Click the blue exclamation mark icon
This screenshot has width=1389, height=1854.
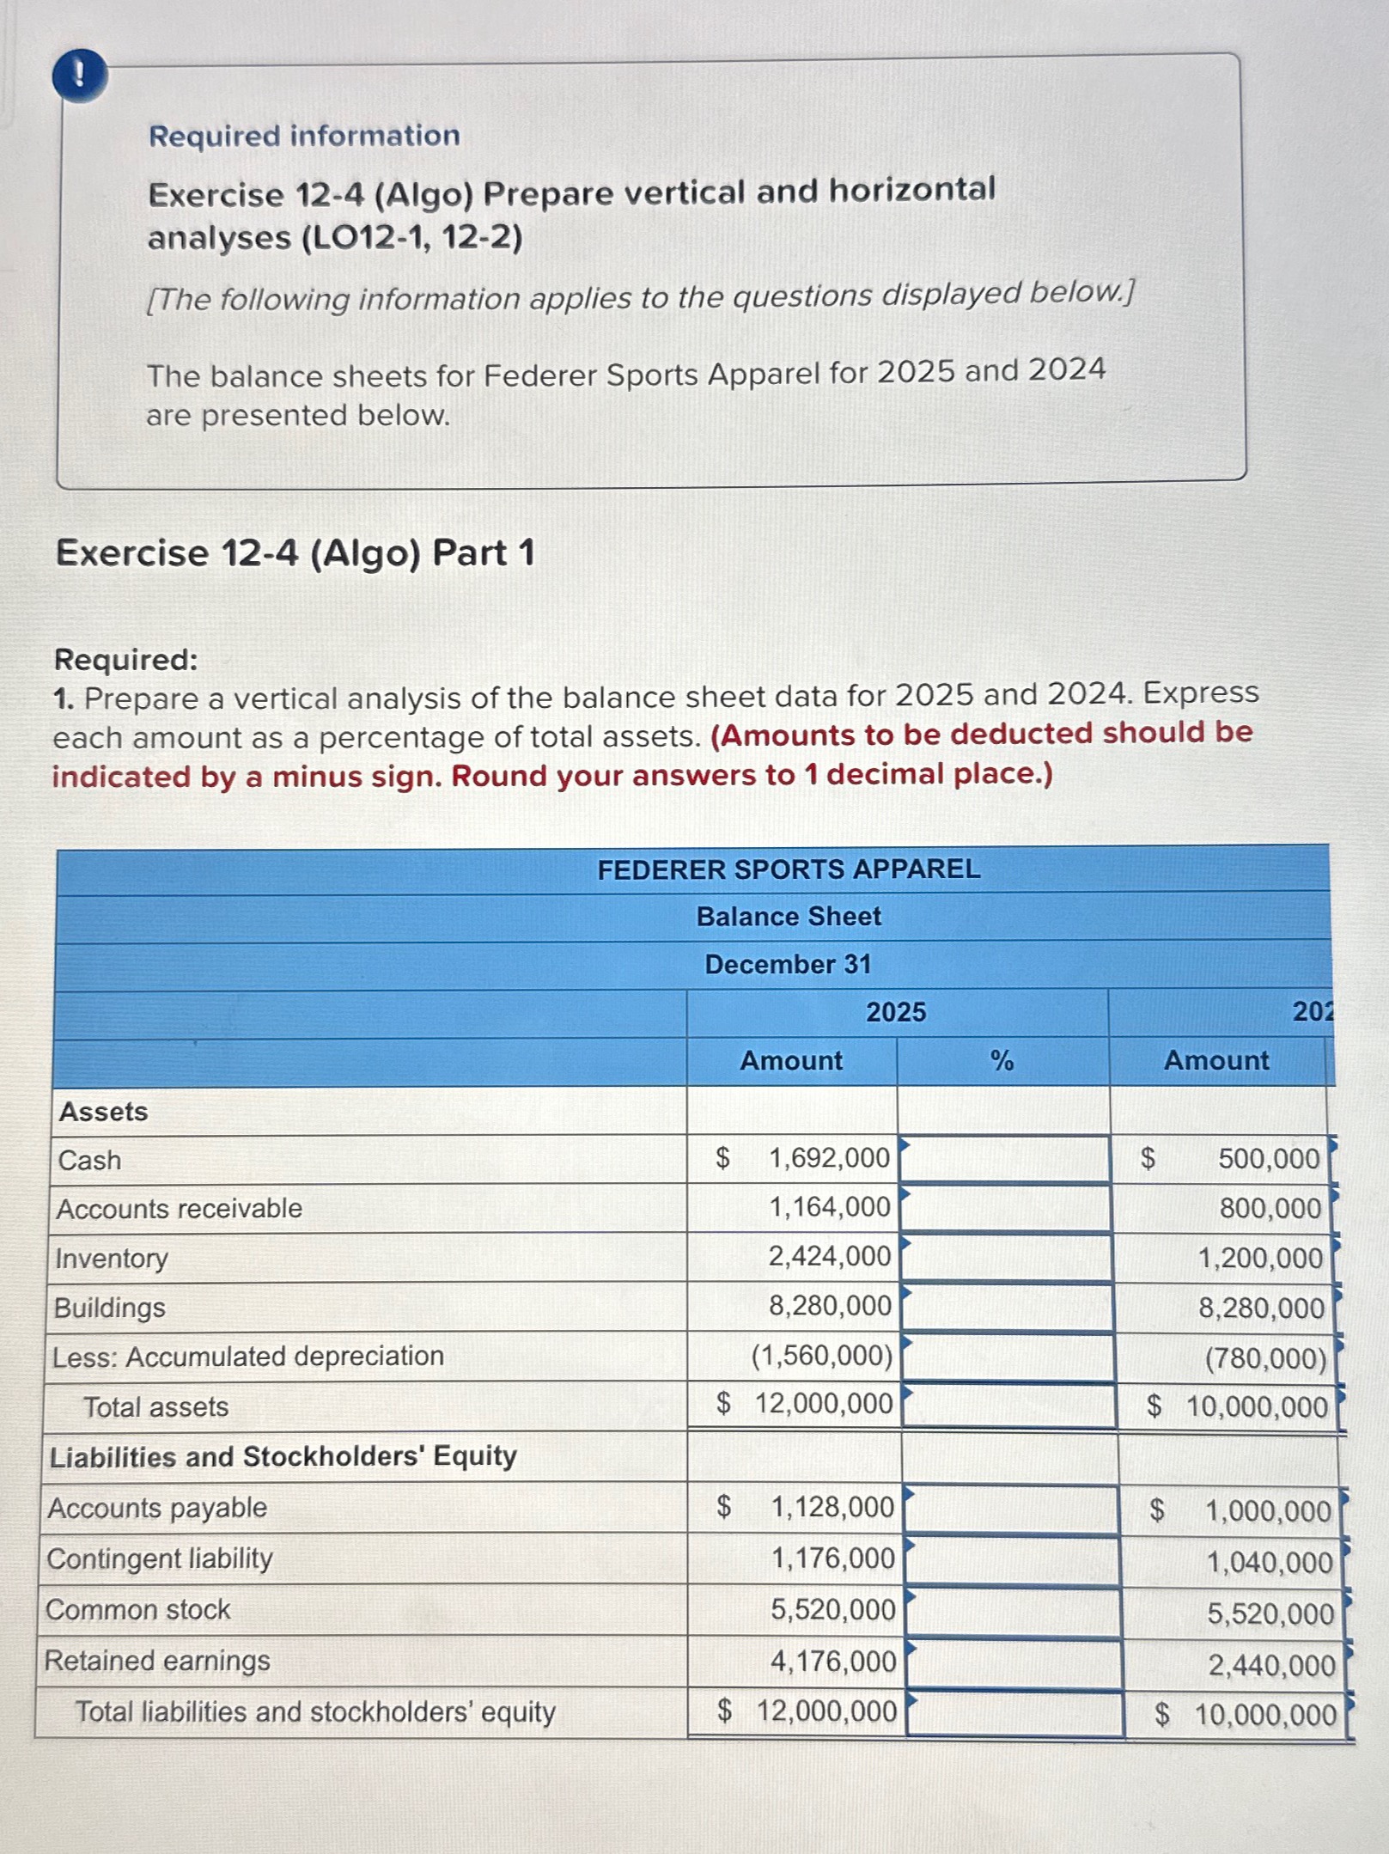coord(80,76)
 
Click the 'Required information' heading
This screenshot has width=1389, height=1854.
coord(304,136)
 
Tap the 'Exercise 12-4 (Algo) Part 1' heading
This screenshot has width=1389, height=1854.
coord(295,552)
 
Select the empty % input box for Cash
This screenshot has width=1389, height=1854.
coord(1004,1159)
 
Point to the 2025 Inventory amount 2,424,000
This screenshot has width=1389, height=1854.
coord(829,1257)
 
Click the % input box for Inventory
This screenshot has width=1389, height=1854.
coord(1006,1258)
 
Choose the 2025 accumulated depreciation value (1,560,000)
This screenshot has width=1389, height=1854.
coord(821,1356)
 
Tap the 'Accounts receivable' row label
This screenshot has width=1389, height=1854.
coord(180,1209)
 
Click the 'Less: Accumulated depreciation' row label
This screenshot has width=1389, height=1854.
coord(248,1357)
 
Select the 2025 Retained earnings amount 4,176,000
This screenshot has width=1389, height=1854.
coord(832,1662)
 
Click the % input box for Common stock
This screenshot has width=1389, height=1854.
coord(1014,1611)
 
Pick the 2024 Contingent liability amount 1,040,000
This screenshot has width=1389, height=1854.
coord(1269,1563)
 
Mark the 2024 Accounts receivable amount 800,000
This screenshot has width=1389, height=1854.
coord(1270,1209)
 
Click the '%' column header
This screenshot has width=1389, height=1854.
coord(1002,1061)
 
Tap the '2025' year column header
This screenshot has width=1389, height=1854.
coord(895,1012)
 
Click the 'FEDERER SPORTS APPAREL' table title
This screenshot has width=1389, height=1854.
coord(788,869)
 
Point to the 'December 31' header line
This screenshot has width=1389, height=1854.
coord(788,964)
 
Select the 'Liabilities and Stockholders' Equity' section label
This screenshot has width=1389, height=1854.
coord(283,1456)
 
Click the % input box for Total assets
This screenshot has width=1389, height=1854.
coord(1008,1406)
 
